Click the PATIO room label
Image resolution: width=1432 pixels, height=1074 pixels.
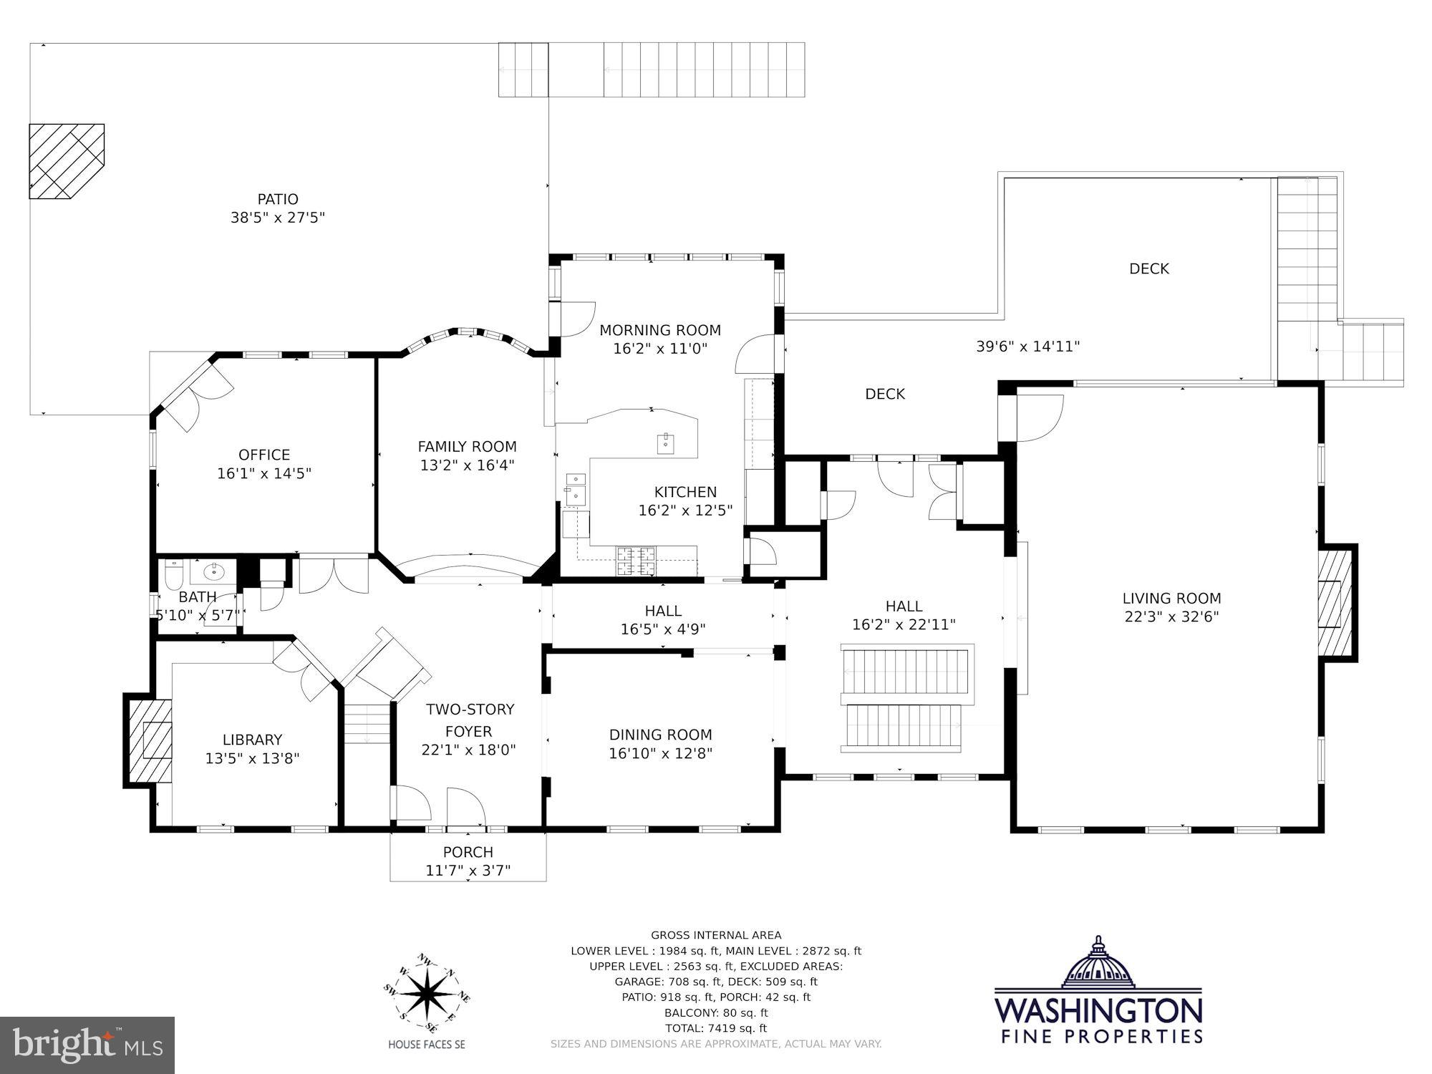(x=278, y=199)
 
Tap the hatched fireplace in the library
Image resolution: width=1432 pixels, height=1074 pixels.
(x=150, y=740)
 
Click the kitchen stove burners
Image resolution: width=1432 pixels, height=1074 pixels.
(x=637, y=559)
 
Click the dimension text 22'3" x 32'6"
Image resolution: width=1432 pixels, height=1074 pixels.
(x=1171, y=616)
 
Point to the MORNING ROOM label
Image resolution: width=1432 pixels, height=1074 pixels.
(x=659, y=330)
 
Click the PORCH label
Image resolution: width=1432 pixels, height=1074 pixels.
(x=468, y=852)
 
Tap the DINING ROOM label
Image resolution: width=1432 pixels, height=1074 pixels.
(x=660, y=735)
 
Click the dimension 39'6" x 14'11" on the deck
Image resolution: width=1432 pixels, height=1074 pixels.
(x=1027, y=347)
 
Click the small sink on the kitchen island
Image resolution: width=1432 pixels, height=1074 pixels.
(x=666, y=440)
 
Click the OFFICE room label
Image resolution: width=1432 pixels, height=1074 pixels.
(x=264, y=455)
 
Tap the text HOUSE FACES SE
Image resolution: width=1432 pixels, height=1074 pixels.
(x=426, y=1045)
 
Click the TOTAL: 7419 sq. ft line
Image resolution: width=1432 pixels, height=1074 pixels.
(x=715, y=1028)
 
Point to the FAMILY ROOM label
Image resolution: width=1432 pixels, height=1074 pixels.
(x=467, y=447)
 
